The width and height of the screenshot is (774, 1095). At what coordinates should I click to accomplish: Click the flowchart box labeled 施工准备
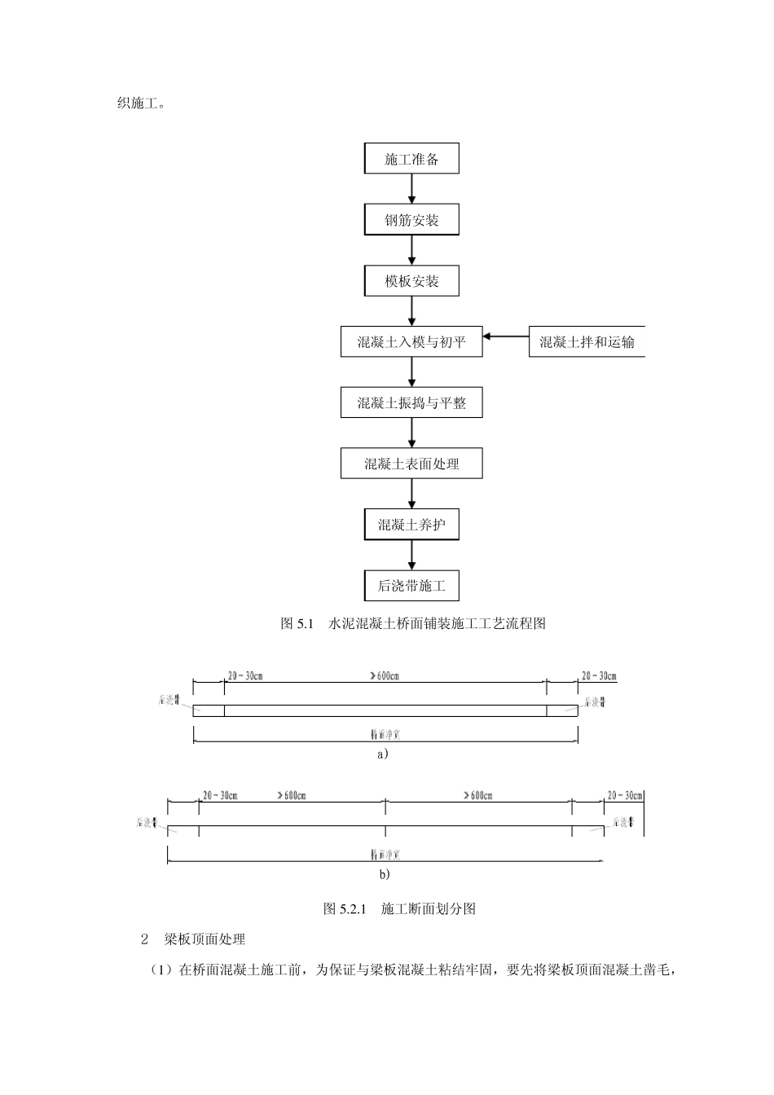411,159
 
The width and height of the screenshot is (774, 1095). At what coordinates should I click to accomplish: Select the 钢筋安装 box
411,220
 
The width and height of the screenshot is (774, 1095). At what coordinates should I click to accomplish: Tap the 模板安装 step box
411,281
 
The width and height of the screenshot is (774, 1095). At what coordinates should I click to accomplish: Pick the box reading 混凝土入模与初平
411,342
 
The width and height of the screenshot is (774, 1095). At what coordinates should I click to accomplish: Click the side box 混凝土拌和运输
587,342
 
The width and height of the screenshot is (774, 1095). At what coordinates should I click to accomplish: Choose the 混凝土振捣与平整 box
411,402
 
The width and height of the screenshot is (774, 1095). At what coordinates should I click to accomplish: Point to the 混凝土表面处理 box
411,464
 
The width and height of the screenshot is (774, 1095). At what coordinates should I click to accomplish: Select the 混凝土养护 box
411,525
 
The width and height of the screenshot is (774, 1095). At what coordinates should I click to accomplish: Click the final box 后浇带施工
411,586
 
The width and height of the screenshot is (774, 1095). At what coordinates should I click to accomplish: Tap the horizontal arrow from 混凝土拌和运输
506,336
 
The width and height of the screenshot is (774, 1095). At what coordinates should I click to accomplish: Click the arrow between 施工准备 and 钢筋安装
412,189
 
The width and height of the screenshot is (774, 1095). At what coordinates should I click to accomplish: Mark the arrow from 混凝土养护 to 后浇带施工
412,555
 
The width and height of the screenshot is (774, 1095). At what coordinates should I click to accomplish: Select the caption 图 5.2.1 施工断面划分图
399,908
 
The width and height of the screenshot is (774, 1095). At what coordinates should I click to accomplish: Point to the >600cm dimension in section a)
385,676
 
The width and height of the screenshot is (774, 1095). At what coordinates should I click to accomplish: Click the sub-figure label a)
383,754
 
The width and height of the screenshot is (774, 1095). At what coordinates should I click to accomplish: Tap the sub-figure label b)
385,874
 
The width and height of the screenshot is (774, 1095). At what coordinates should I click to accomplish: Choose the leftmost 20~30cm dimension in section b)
220,795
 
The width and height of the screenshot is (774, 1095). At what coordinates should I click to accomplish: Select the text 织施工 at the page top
143,103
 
